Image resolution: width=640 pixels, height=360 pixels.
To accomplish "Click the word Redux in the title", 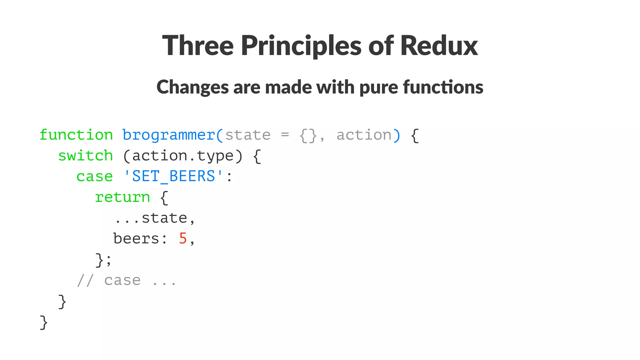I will (439, 46).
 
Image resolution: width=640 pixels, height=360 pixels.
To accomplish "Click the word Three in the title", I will (198, 46).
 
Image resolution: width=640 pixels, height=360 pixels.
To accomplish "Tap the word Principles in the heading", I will (301, 46).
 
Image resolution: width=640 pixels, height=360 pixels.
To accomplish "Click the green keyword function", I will (76, 135).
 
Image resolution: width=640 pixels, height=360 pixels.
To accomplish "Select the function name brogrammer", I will (169, 135).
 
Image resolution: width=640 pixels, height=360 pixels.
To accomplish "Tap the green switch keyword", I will (85, 156).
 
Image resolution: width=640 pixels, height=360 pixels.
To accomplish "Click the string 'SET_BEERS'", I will (174, 176).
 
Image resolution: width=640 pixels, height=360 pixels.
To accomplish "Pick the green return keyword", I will (122, 197).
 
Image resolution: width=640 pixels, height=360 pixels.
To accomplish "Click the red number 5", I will (183, 239).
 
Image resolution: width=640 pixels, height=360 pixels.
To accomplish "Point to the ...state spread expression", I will (155, 218).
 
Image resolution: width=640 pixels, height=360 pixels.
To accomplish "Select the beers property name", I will (136, 239).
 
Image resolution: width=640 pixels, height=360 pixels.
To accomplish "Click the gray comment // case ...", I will (109, 280).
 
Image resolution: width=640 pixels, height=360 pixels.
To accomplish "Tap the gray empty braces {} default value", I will (308, 135).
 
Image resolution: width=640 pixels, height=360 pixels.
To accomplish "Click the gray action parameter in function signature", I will (364, 135).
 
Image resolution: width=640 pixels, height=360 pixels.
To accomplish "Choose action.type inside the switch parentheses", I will (183, 156).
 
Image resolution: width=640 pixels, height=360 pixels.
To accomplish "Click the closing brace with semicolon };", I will (103, 260).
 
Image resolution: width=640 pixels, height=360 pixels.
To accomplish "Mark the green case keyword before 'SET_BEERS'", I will (94, 176).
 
